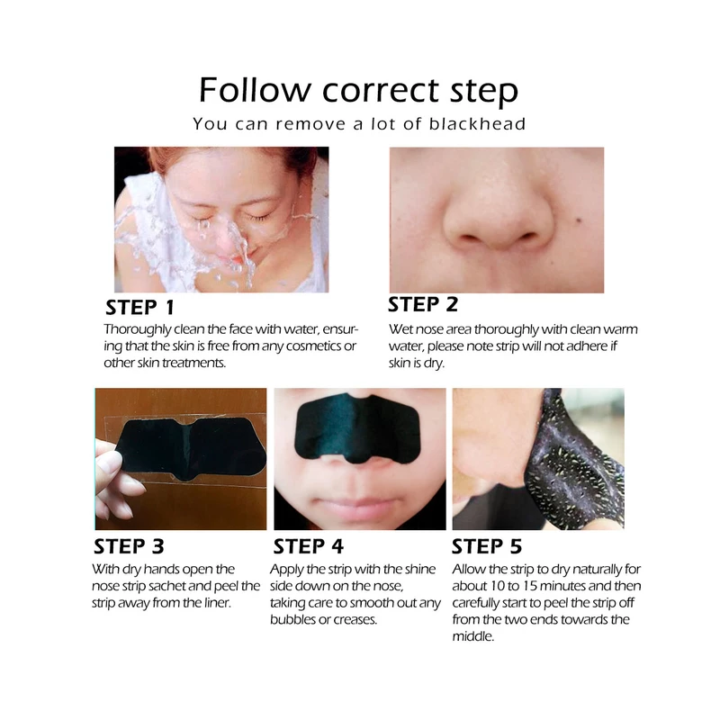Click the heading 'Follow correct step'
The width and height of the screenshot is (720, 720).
click(358, 91)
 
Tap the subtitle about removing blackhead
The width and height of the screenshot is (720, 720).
click(359, 124)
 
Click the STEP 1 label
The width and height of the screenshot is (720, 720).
click(140, 308)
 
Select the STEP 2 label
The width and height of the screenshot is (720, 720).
click(423, 304)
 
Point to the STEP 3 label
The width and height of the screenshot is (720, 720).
click(129, 546)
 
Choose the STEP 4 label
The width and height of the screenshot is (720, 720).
click(308, 546)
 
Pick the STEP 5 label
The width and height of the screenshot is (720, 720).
click(487, 546)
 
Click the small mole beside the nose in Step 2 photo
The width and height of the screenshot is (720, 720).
click(579, 220)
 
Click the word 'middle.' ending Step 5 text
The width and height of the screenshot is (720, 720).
click(473, 636)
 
